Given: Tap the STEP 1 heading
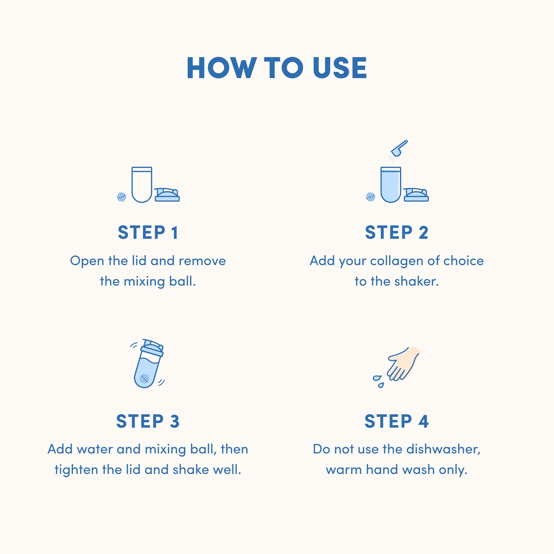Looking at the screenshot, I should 148,232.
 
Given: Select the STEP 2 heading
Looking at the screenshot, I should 397,232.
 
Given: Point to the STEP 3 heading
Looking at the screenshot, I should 148,421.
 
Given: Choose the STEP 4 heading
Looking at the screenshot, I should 397,421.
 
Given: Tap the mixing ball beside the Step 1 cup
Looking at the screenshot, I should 122,197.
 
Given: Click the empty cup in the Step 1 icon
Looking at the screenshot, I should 142,185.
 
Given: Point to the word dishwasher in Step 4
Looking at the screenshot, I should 443,449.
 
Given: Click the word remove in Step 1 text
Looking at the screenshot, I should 202,261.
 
